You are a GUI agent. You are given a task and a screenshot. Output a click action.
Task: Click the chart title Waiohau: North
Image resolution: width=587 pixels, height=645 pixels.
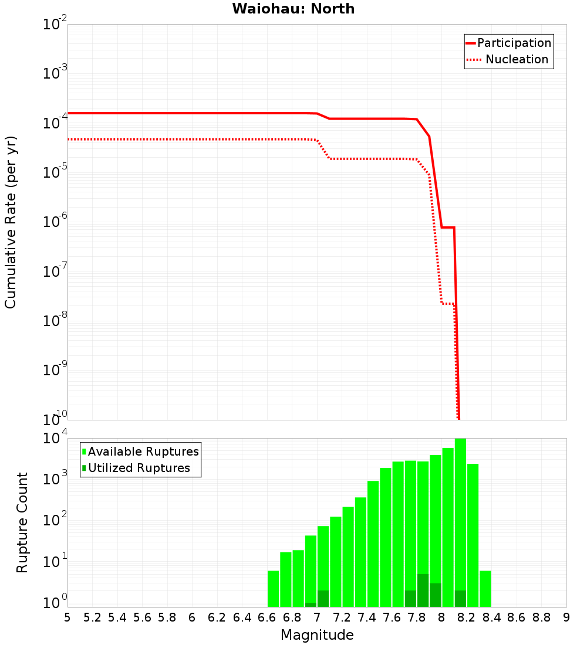tap(293, 9)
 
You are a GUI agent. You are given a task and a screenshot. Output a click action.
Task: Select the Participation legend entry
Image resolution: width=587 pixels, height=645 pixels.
tap(514, 43)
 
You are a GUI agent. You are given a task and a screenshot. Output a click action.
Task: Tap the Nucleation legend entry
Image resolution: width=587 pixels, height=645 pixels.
tap(517, 59)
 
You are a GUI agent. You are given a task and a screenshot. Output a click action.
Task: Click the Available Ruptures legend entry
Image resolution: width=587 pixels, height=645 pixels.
tap(143, 451)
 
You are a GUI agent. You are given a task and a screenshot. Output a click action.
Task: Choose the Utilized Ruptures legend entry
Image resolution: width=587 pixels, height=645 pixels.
tap(139, 468)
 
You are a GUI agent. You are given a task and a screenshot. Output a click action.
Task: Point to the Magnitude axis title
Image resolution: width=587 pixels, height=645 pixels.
tap(317, 635)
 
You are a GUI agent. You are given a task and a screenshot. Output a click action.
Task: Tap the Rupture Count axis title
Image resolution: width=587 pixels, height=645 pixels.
tap(22, 522)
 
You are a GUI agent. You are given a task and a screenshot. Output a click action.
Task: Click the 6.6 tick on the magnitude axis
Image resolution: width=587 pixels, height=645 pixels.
tap(267, 617)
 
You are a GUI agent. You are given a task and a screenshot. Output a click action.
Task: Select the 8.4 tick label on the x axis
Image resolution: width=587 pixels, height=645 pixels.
tap(492, 617)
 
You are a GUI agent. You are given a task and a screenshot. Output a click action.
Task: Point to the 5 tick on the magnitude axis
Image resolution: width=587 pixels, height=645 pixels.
tap(68, 617)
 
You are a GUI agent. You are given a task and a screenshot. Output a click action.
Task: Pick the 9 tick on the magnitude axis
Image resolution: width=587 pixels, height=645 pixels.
tap(566, 617)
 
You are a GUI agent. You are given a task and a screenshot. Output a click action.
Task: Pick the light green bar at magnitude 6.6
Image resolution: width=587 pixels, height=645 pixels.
tap(273, 589)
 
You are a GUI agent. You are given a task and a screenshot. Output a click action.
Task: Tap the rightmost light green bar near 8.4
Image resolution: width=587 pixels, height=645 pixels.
tap(485, 589)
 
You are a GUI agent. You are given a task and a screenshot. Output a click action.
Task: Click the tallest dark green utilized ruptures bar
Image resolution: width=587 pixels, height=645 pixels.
tap(423, 590)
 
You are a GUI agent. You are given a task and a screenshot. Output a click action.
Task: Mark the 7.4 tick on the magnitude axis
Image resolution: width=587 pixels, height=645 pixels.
tap(367, 617)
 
